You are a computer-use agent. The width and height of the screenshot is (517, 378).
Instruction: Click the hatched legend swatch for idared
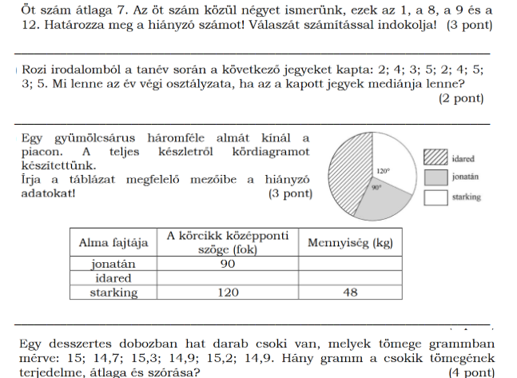coord(436,158)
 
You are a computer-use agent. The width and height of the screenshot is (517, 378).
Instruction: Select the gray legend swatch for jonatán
coord(436,177)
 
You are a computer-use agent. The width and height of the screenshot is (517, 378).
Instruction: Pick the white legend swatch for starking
coord(436,196)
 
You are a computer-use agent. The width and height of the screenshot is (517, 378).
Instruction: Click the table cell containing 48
coord(350,292)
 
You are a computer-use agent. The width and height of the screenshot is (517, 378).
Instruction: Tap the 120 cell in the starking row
coord(227,292)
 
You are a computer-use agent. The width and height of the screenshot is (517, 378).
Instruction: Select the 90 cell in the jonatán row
coord(227,263)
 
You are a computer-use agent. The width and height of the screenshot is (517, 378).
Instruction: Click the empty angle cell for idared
coord(227,277)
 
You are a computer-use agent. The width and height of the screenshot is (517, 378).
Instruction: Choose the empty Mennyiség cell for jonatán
coord(350,263)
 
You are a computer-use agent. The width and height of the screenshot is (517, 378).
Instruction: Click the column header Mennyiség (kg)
coord(350,241)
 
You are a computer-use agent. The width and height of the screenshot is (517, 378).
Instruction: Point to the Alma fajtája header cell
coord(113,241)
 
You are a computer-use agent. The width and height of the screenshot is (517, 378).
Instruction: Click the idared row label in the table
coord(113,277)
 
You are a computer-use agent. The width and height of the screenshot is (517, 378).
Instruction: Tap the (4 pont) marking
coord(471,372)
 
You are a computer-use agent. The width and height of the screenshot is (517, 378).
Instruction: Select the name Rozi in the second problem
coord(37,70)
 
